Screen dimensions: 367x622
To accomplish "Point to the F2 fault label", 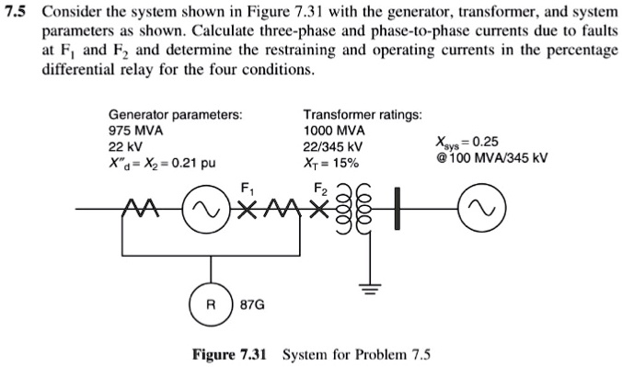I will (x=321, y=189).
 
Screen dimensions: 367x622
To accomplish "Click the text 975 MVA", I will (x=135, y=131).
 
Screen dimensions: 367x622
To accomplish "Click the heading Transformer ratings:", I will (x=363, y=114).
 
